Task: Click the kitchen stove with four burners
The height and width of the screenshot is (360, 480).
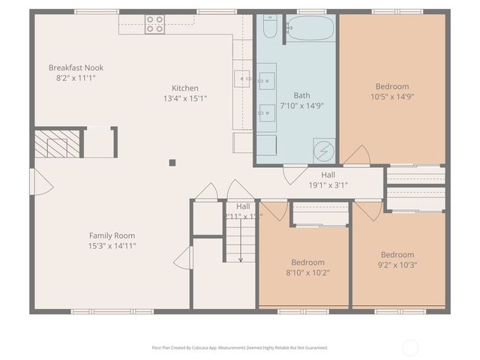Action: (x=154, y=24)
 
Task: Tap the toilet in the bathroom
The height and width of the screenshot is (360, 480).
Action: (x=270, y=28)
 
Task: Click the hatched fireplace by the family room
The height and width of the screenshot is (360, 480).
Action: (x=57, y=143)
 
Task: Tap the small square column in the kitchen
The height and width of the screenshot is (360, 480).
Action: (x=172, y=161)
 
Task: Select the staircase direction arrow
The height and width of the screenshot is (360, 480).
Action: (x=241, y=247)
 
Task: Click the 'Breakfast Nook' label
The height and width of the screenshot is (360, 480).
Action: (x=76, y=67)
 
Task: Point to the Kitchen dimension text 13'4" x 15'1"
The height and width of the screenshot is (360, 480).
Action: (x=184, y=98)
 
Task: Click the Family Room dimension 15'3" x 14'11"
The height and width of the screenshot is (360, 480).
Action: (x=112, y=245)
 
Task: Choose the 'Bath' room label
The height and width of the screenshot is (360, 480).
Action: (x=301, y=95)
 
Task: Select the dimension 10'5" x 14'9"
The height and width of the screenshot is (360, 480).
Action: (x=392, y=96)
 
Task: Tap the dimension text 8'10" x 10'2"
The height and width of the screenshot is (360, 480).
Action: (x=307, y=272)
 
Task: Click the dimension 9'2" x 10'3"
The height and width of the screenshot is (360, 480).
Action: (x=397, y=265)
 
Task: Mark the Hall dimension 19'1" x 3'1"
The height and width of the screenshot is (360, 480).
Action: (x=328, y=184)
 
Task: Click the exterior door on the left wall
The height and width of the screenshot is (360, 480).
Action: (x=37, y=181)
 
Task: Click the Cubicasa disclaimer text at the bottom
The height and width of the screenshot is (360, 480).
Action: (x=239, y=347)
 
